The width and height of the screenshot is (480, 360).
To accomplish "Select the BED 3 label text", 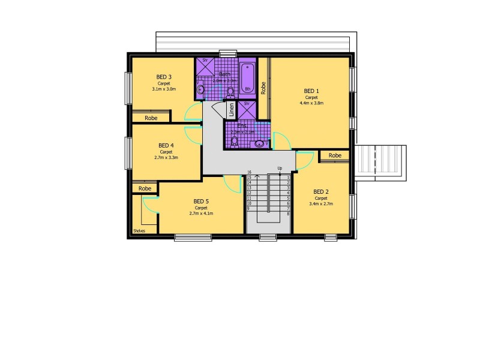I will [x=164, y=77].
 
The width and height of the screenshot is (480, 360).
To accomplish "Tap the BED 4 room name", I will [x=166, y=145].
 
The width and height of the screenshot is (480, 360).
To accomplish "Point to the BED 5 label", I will [x=201, y=201].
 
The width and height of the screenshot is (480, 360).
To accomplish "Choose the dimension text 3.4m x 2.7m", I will [x=320, y=204].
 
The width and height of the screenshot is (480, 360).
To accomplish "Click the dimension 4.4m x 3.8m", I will [x=311, y=103].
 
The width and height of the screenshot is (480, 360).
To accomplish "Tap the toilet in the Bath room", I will [x=230, y=92].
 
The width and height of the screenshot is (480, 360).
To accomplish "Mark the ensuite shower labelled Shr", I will [x=246, y=110].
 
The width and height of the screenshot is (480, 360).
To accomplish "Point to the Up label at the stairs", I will [x=280, y=169].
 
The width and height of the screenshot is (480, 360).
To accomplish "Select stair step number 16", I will [x=248, y=172].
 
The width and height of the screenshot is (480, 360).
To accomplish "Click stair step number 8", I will [x=289, y=214].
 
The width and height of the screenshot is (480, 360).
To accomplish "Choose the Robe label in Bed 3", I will [x=151, y=118].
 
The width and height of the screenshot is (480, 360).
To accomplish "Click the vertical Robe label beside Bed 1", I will [x=263, y=88].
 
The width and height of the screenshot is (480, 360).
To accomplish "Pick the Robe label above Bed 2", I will [x=335, y=155].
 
